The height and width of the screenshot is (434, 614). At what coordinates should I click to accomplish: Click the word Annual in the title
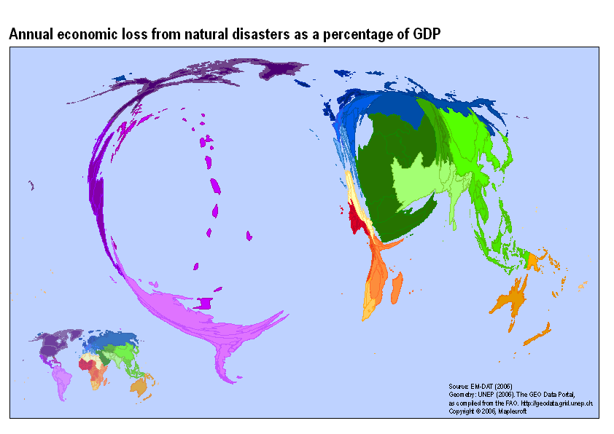coord(28,34)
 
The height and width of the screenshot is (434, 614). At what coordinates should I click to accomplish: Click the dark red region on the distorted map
coord(357,218)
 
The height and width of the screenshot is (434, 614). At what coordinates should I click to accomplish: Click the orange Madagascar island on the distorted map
coord(397,288)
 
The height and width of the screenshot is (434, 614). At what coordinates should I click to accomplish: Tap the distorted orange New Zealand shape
coord(537,334)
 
